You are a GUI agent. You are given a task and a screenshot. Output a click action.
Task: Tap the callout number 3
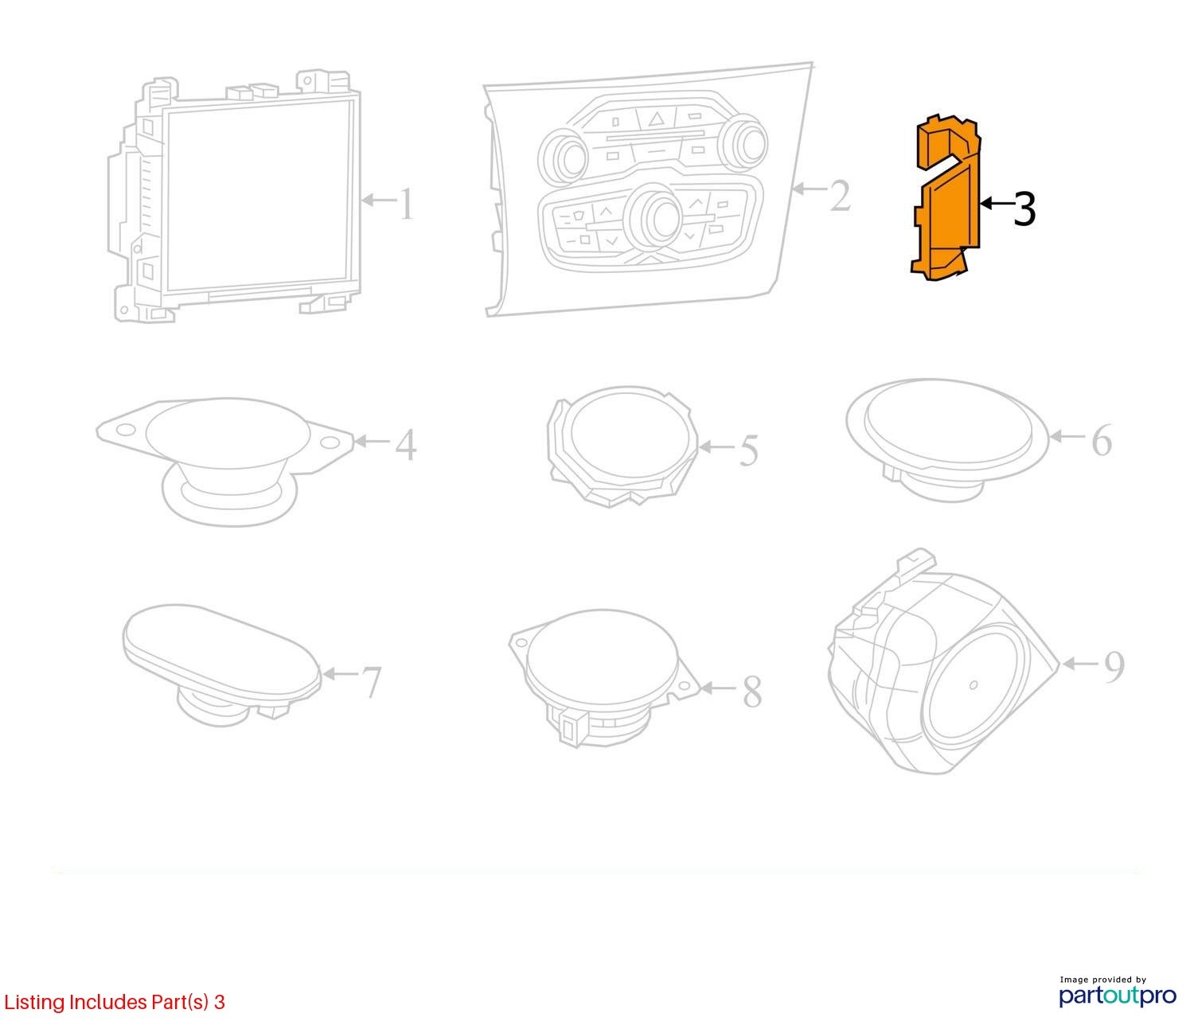[x=1024, y=209]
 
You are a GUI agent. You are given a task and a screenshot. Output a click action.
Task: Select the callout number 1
[x=408, y=203]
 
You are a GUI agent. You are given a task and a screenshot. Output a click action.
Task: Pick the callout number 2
[x=840, y=196]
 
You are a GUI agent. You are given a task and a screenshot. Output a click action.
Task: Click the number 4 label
[x=406, y=445]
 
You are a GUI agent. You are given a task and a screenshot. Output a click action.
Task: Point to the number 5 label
[x=748, y=450]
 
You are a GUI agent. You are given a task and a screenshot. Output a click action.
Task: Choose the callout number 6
[x=1102, y=440]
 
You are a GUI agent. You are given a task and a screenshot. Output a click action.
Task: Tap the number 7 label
[x=371, y=681]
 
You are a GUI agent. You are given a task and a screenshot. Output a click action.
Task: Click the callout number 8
[x=751, y=692]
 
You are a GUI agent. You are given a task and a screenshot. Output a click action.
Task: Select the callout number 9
[x=1114, y=667]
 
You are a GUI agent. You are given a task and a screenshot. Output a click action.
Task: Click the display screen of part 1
[x=259, y=197]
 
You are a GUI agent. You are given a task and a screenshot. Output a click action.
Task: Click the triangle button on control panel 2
[x=656, y=119]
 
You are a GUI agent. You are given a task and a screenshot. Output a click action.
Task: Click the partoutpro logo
[x=1117, y=996]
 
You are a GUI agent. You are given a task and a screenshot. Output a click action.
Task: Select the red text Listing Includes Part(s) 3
[x=115, y=1002]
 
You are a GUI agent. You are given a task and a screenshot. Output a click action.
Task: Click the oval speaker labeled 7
[x=222, y=664]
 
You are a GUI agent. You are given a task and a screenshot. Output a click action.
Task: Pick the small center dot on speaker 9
[x=973, y=685]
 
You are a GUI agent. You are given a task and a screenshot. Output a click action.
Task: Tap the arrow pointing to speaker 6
[x=1067, y=436]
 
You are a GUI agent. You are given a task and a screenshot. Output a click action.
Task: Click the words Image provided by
[x=1102, y=980]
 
